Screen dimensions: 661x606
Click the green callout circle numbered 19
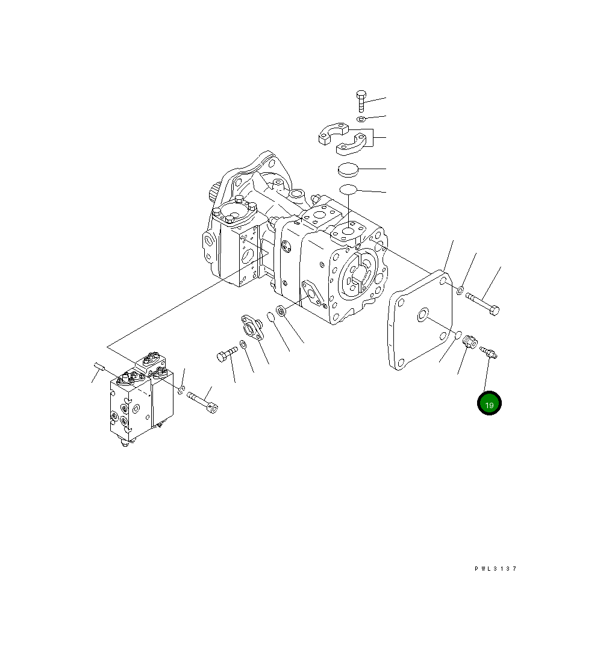click(489, 404)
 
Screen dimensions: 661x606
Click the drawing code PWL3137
click(495, 568)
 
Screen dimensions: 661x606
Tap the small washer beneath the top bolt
click(361, 119)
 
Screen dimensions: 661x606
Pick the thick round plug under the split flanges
click(348, 169)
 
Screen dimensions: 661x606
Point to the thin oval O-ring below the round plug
click(348, 190)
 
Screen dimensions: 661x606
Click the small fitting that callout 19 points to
click(488, 351)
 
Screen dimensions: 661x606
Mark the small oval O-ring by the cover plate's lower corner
click(458, 334)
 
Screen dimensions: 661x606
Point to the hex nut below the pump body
click(280, 312)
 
